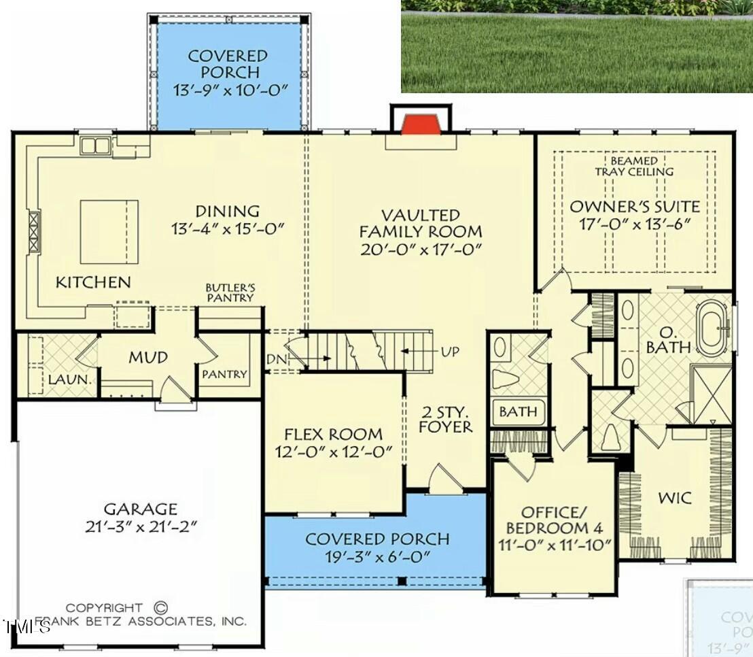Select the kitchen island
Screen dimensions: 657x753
coord(109,231)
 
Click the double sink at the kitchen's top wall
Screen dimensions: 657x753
coord(96,146)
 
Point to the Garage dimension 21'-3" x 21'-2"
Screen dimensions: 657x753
coord(141,526)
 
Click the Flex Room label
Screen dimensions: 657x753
coord(333,434)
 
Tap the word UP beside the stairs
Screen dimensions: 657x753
coord(449,352)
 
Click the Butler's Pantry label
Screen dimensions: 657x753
coord(230,292)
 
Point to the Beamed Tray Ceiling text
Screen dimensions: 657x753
coord(634,166)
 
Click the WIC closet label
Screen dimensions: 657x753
coord(675,498)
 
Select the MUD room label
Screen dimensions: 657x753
coord(148,358)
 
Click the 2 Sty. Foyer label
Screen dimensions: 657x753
coord(445,419)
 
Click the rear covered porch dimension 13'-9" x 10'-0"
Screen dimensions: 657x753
coord(228,89)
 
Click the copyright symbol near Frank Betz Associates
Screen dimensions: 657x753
coord(161,607)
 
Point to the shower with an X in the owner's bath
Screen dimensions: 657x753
coord(711,395)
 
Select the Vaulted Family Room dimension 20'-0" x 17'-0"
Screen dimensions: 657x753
coord(421,250)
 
